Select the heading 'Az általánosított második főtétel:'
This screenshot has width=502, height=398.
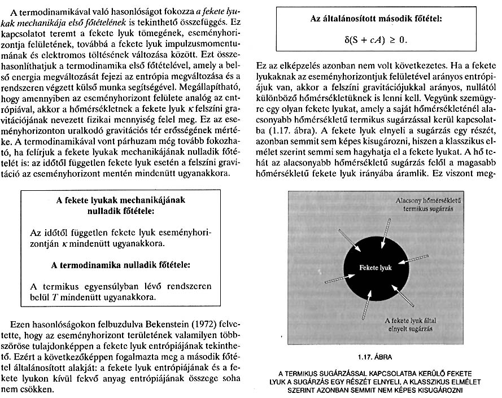point(376,19)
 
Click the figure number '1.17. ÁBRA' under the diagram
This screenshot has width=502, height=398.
point(375,357)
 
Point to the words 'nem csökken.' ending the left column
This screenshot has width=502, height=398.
point(33,390)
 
